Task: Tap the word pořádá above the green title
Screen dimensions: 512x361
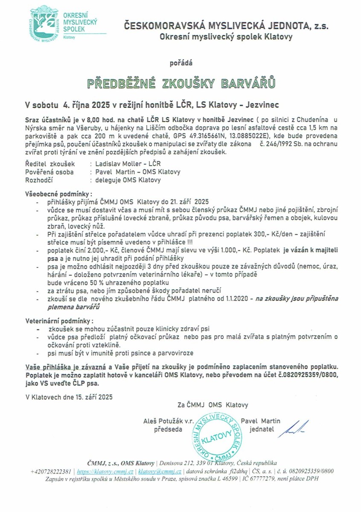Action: point(181,63)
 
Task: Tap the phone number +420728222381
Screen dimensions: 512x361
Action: point(51,471)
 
